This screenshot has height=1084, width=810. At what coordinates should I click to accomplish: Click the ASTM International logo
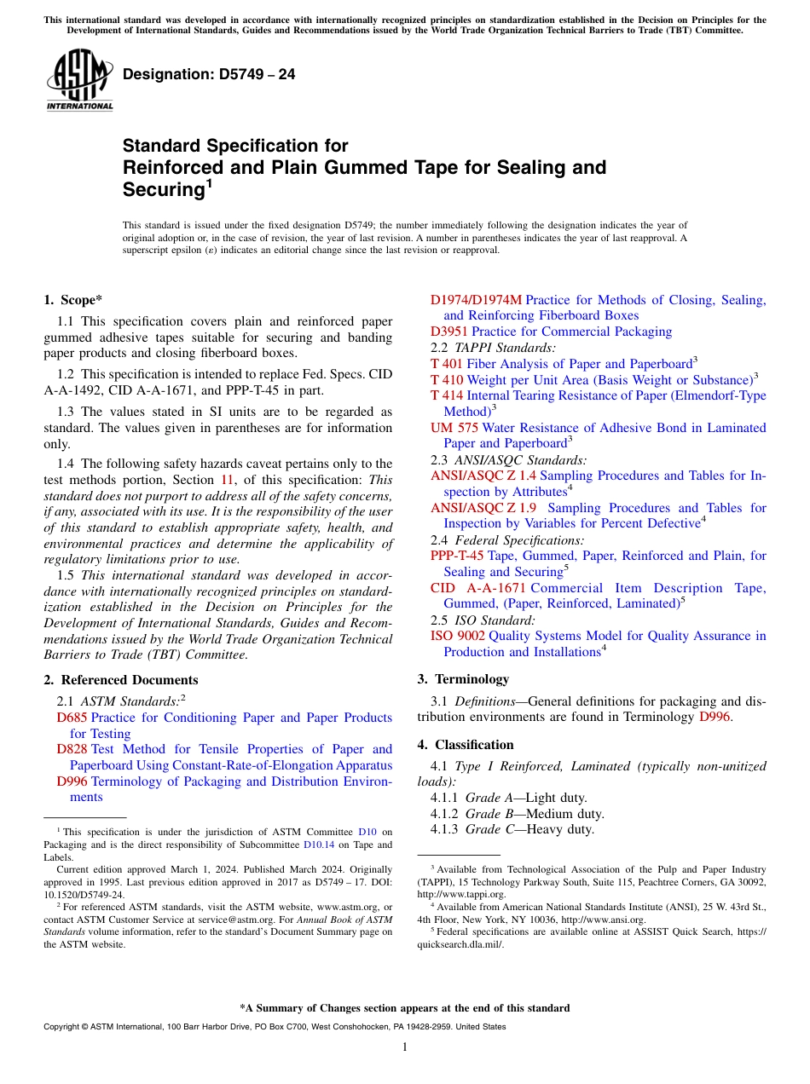tap(79, 79)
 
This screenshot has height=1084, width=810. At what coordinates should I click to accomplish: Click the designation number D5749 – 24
tap(209, 74)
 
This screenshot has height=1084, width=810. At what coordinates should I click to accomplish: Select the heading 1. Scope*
tap(72, 299)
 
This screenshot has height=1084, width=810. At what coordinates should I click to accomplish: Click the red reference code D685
tap(72, 718)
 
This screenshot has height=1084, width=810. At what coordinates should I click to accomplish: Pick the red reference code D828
tap(72, 749)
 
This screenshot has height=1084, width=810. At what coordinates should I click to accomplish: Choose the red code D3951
tap(448, 332)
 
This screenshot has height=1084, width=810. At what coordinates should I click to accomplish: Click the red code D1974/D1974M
tap(476, 300)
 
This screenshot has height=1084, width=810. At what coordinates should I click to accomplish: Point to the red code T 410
tap(446, 379)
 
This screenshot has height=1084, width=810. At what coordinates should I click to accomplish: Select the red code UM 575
tap(454, 428)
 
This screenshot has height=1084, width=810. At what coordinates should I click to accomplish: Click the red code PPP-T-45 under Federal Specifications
tap(457, 556)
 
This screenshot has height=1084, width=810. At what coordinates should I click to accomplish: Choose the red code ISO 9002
tap(458, 636)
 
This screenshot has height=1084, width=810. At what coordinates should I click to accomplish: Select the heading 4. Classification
tap(466, 744)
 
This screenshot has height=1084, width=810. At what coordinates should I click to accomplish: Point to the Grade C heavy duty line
tap(512, 829)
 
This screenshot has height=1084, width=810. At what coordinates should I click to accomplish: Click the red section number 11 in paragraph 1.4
tap(228, 480)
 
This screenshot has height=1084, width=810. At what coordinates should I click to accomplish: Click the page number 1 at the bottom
tap(405, 1047)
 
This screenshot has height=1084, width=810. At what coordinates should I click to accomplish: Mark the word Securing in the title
tap(163, 190)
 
